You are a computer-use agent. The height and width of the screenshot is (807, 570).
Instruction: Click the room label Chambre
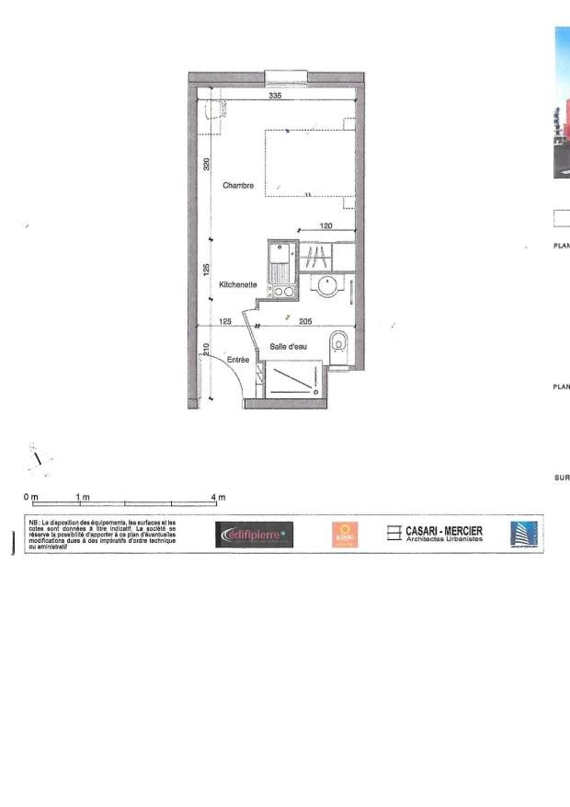[238, 185]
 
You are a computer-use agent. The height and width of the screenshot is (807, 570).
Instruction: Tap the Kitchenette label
[237, 285]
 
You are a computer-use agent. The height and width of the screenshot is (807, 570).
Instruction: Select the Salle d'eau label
[288, 346]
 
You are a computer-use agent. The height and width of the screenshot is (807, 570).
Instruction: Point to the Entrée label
[239, 360]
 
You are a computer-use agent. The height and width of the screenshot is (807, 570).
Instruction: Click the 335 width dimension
[275, 96]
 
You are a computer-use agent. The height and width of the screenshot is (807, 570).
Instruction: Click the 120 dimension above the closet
[325, 225]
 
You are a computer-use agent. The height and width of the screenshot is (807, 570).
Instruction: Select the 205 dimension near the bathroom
[306, 321]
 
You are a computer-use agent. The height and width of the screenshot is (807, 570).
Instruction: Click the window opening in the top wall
[284, 76]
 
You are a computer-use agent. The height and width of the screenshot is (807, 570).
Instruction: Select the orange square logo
[345, 535]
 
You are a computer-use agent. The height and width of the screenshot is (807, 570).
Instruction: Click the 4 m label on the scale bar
[218, 498]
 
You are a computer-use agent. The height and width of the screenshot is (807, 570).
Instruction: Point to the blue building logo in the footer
[521, 535]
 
